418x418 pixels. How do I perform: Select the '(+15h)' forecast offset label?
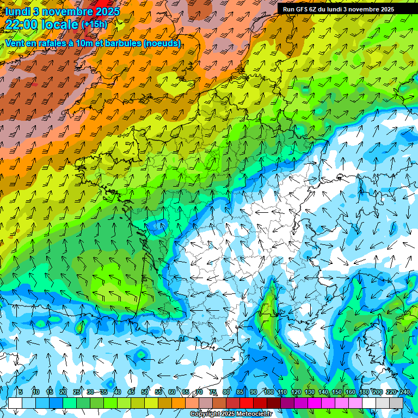(94, 24)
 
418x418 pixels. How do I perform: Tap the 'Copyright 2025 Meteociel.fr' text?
(231, 414)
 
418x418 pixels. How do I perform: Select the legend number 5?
(21, 392)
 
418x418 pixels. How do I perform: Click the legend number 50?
(144, 392)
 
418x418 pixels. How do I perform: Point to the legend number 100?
(268, 392)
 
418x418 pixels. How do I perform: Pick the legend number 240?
(404, 392)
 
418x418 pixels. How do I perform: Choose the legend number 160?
(350, 392)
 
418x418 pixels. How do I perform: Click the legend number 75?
(213, 392)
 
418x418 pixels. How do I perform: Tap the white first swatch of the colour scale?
(15, 403)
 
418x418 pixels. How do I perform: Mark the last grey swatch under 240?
(396, 403)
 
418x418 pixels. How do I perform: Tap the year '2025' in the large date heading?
(108, 11)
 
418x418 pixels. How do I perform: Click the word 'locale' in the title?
(59, 25)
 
